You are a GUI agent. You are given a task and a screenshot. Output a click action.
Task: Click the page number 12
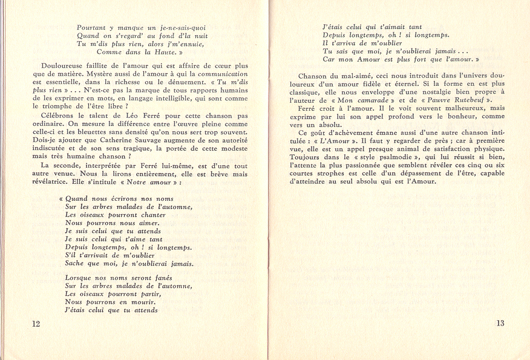36,324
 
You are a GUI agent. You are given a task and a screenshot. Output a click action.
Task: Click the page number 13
500,323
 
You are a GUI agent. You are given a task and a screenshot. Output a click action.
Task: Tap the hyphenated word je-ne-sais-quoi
180,27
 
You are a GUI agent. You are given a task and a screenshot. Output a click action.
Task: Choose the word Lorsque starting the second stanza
79,277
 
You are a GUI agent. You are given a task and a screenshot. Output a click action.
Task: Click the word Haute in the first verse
158,52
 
